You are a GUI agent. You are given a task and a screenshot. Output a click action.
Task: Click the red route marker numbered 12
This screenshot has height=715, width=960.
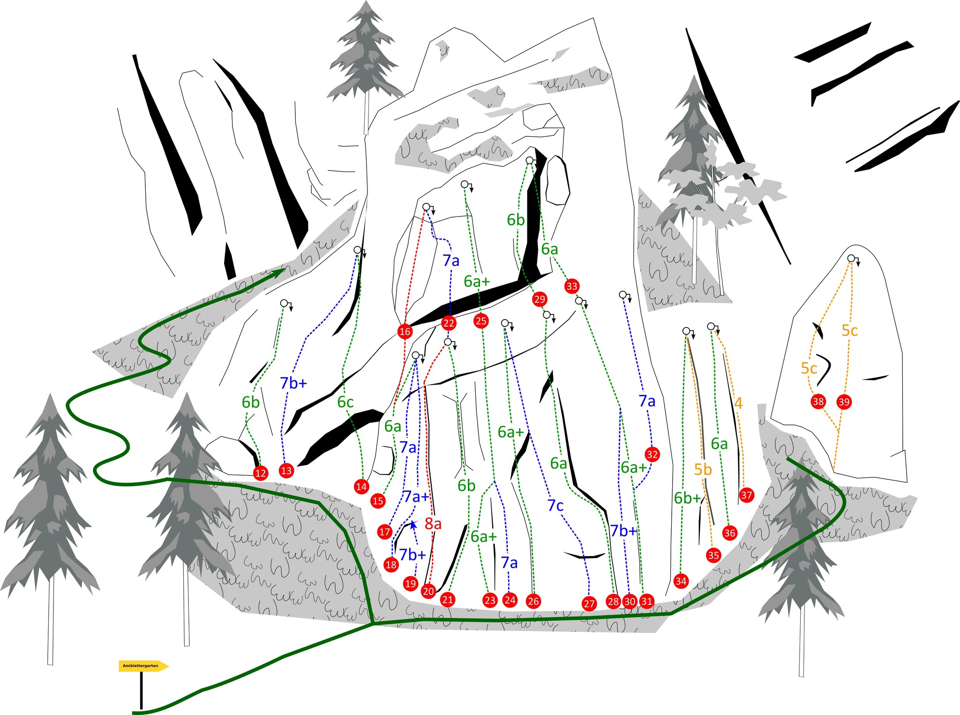pyautogui.click(x=261, y=473)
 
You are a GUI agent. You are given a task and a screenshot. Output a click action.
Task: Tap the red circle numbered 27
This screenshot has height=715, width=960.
pyautogui.click(x=589, y=604)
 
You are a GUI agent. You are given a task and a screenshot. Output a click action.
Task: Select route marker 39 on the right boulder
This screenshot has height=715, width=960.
pyautogui.click(x=844, y=402)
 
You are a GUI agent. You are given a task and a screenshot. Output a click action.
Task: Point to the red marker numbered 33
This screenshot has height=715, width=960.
pyautogui.click(x=572, y=286)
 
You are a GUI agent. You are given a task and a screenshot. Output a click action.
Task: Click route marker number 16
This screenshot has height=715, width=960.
pyautogui.click(x=405, y=331)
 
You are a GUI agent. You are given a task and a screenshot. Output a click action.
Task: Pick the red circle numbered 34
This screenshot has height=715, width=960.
pyautogui.click(x=681, y=581)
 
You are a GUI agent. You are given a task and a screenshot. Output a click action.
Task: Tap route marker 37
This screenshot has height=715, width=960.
pyautogui.click(x=746, y=495)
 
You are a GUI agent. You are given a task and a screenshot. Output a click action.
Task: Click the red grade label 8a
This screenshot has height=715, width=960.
pyautogui.click(x=433, y=524)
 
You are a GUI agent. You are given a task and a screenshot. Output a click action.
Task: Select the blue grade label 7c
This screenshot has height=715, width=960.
pyautogui.click(x=555, y=506)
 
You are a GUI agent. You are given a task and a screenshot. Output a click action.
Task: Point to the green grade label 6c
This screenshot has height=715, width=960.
pyautogui.click(x=345, y=402)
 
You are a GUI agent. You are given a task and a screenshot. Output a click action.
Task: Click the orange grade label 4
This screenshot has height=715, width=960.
pyautogui.click(x=738, y=403)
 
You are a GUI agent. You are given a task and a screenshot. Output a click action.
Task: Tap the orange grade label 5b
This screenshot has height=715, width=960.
pyautogui.click(x=703, y=469)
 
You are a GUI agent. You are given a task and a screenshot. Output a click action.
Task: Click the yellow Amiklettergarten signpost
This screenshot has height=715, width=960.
pyautogui.click(x=143, y=666)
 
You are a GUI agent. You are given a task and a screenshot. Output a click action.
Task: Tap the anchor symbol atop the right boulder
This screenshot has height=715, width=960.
pyautogui.click(x=853, y=260)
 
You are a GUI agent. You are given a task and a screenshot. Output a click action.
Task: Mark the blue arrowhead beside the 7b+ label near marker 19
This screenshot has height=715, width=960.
pyautogui.click(x=413, y=524)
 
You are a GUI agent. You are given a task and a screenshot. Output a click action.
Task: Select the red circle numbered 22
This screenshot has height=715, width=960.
pyautogui.click(x=449, y=323)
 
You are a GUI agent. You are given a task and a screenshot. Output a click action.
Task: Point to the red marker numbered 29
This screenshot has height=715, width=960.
pyautogui.click(x=540, y=299)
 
